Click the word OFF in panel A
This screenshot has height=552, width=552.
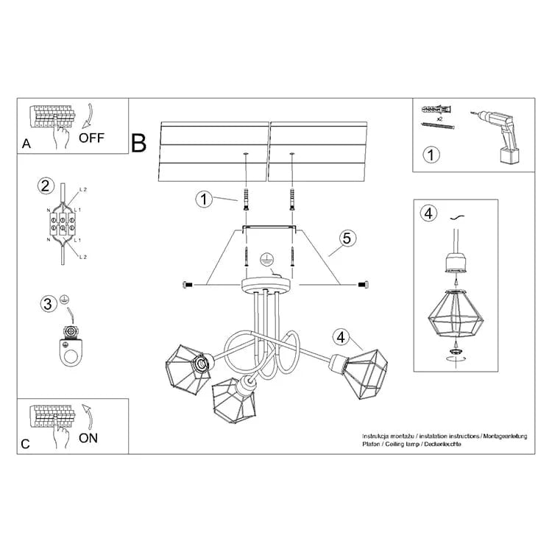click(x=92, y=137)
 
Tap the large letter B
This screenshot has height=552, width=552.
click(x=139, y=142)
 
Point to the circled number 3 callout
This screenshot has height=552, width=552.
click(x=48, y=302)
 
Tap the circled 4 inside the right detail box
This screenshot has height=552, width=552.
click(x=428, y=213)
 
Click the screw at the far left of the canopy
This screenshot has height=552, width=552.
click(x=185, y=284)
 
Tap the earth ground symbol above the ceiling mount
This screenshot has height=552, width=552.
click(x=269, y=260)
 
